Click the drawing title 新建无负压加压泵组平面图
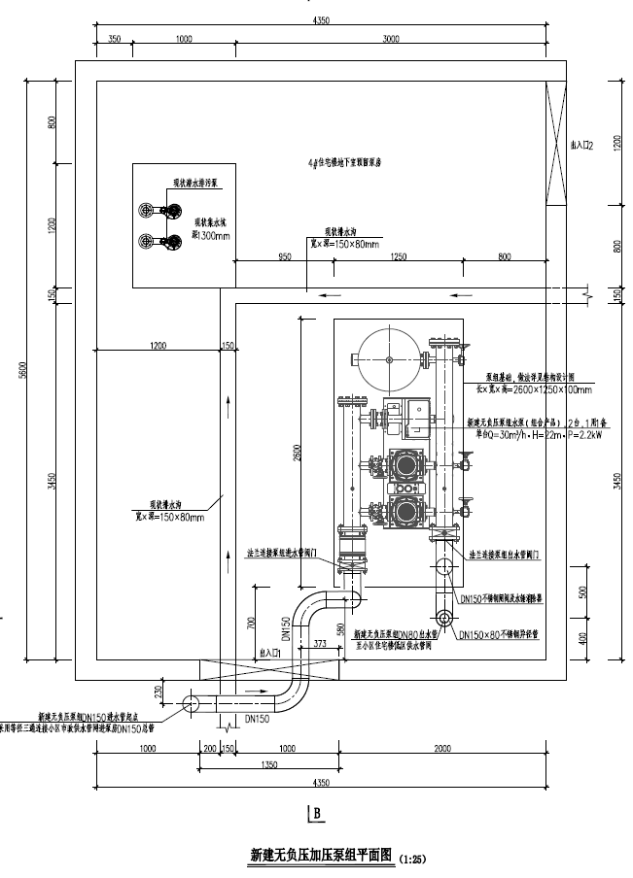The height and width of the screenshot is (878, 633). click(320, 856)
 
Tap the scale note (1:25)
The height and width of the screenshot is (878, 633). click(412, 859)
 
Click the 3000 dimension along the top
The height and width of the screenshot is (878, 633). click(390, 39)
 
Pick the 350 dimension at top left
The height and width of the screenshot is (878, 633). click(115, 39)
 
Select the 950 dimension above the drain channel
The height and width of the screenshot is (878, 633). click(284, 256)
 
